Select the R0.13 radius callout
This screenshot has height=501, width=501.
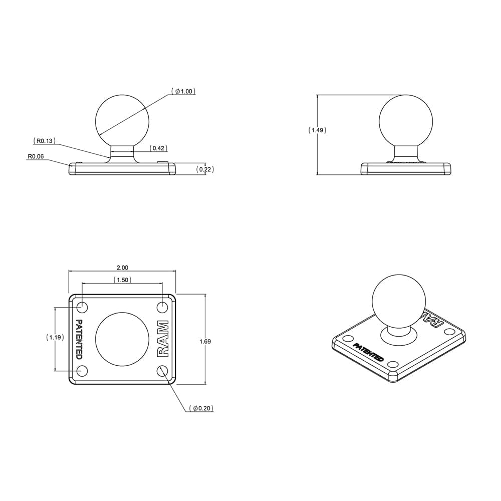(x=45, y=141)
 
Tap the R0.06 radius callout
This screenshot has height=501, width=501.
(x=36, y=156)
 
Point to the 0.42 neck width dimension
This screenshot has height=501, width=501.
(x=159, y=148)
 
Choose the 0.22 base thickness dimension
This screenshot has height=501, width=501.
(x=205, y=169)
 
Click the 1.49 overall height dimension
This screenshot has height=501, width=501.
(x=317, y=130)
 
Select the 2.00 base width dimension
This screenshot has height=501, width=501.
(x=122, y=268)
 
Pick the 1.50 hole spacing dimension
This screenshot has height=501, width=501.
(x=122, y=280)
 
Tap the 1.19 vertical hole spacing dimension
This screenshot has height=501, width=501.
(x=55, y=337)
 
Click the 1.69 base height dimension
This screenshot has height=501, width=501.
(x=205, y=342)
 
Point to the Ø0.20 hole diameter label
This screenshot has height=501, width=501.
(x=203, y=409)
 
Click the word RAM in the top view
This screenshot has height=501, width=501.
(x=164, y=338)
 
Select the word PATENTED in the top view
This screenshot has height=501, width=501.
(x=79, y=339)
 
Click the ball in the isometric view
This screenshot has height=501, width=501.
(x=398, y=301)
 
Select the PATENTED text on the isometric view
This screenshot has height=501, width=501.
(x=369, y=353)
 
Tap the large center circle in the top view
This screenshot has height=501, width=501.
(x=122, y=339)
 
